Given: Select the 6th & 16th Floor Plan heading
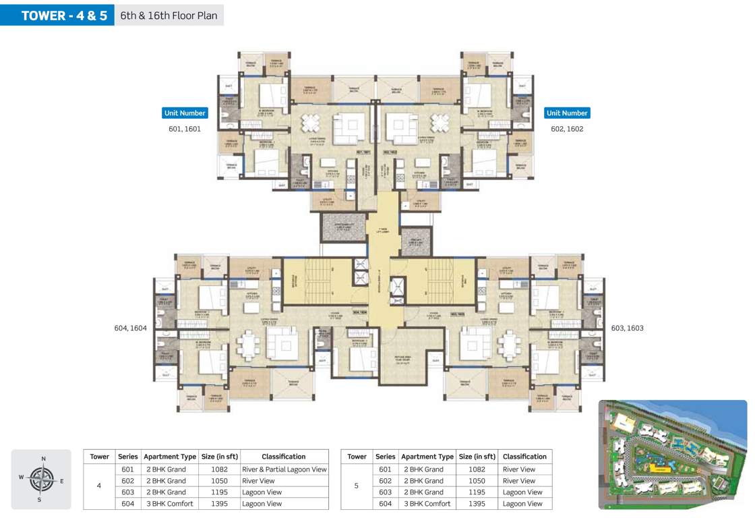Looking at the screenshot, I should (x=169, y=15).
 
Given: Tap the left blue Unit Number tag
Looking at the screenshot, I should (x=184, y=113).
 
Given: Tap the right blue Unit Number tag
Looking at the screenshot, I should (x=567, y=113).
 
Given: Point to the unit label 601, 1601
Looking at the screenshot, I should (x=184, y=128).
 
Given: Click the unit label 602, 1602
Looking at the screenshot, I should (x=567, y=128).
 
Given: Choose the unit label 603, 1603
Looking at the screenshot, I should (x=627, y=328).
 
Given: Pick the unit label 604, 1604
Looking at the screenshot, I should (x=131, y=328).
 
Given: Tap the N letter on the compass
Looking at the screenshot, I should (x=43, y=459).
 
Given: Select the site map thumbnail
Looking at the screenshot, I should (x=673, y=454).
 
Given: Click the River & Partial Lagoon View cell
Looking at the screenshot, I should (x=284, y=469).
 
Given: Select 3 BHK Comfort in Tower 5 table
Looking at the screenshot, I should (x=427, y=504).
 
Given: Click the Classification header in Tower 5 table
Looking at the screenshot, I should (x=524, y=457).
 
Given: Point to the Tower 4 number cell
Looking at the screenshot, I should (x=99, y=486).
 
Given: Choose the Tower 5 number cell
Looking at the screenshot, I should (x=357, y=486).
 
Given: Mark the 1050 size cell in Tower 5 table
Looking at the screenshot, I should (x=477, y=481).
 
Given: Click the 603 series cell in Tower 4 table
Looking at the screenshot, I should (x=127, y=492).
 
